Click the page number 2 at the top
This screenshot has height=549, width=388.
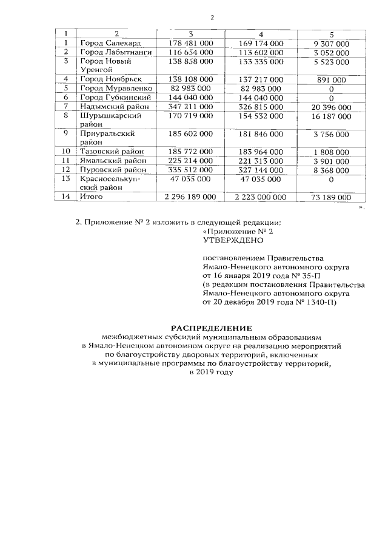click(x=213, y=17)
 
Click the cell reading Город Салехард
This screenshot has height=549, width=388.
click(x=105, y=44)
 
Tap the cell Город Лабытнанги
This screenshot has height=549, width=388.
click(x=113, y=53)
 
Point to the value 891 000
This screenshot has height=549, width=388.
click(x=331, y=79)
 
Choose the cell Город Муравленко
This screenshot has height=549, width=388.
click(x=113, y=89)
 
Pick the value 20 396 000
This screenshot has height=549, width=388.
click(x=331, y=106)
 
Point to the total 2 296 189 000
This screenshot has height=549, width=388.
click(x=186, y=197)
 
